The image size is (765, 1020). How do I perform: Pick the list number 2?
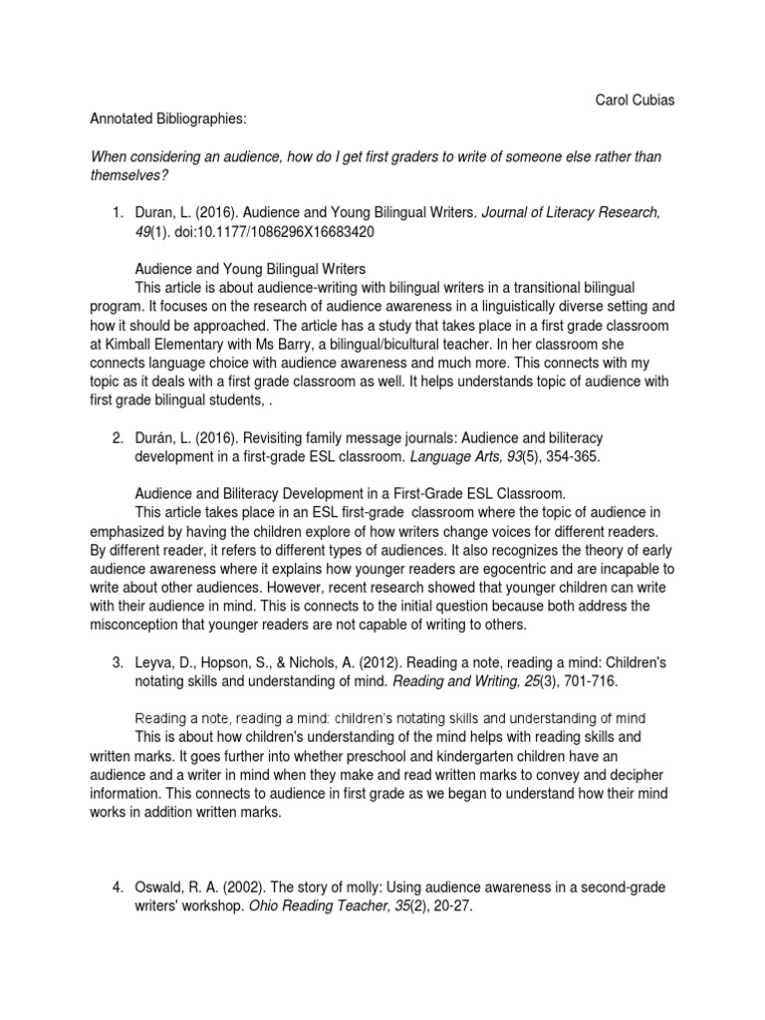tap(117, 437)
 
